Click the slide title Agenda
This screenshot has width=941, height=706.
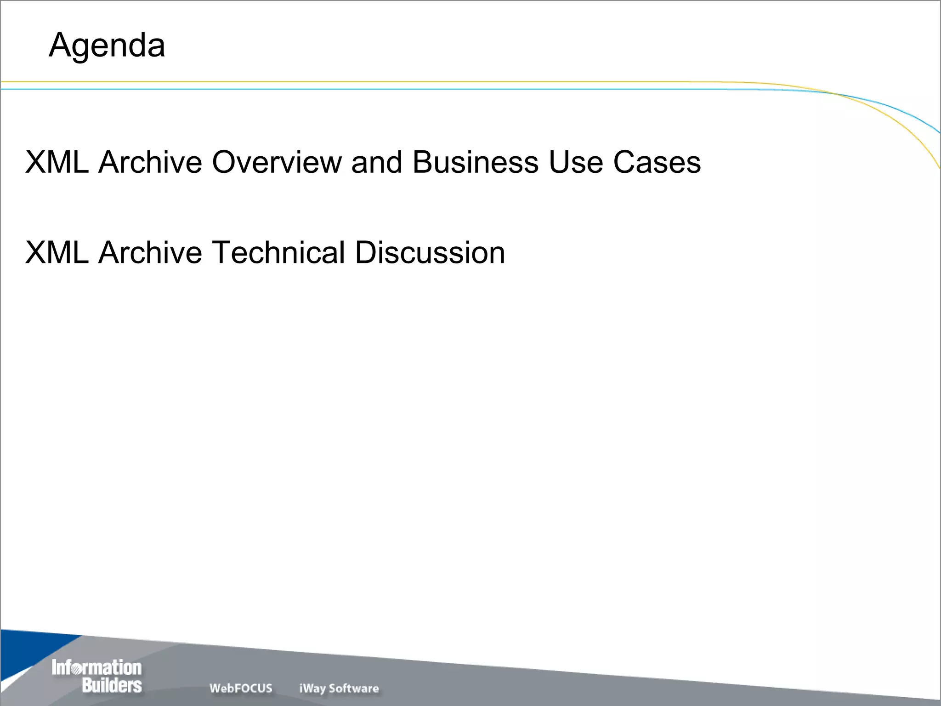click(x=107, y=46)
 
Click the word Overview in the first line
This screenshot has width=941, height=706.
click(x=277, y=162)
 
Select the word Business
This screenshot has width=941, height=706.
click(x=475, y=162)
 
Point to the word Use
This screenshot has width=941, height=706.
click(x=576, y=162)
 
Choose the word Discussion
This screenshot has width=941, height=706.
click(x=430, y=252)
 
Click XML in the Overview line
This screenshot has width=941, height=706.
click(x=57, y=162)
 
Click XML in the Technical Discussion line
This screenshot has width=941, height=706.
click(x=57, y=252)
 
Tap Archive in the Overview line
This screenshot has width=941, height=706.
click(x=150, y=162)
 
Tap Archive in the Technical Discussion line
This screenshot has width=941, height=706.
click(x=150, y=252)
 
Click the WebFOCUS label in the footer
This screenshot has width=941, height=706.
click(x=241, y=688)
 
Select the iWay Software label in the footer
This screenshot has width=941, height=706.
click(x=339, y=688)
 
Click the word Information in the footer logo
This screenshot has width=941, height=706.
click(x=96, y=667)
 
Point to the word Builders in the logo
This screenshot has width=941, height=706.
click(x=112, y=685)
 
